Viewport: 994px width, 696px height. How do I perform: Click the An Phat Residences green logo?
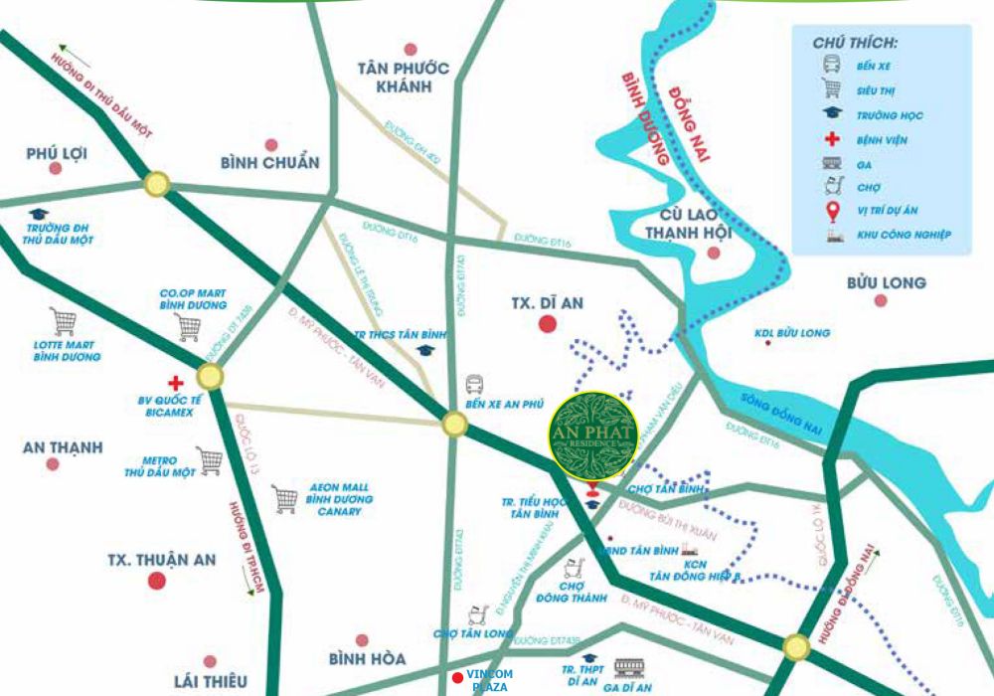(593, 435)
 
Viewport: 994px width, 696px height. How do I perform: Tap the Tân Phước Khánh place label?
(405, 77)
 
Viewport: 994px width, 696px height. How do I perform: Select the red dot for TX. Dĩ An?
(546, 323)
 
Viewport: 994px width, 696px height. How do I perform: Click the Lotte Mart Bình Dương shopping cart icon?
(64, 321)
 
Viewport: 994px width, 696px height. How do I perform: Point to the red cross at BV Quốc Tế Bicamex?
(176, 382)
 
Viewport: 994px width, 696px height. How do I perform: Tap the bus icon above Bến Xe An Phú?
(475, 384)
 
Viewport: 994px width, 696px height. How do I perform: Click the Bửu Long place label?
(887, 282)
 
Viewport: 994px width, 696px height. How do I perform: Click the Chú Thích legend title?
(855, 45)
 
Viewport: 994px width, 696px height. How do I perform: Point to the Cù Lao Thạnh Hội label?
(688, 224)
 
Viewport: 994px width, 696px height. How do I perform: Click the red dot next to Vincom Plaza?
(457, 678)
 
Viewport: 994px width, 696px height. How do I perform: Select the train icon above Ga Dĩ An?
(629, 667)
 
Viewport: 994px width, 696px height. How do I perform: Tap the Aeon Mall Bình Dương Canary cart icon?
(285, 499)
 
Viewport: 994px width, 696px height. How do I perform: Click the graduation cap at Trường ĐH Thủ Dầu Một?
(39, 214)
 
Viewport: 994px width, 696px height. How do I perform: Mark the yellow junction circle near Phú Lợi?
(156, 184)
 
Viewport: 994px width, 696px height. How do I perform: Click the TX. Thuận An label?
(161, 560)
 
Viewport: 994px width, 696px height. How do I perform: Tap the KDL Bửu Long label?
(792, 333)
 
